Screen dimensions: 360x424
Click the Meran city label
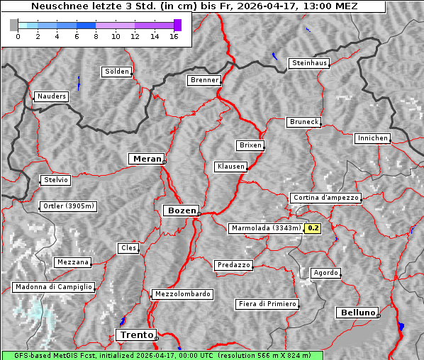pyautogui.click(x=147, y=159)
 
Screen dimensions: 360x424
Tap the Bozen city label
pyautogui.click(x=181, y=210)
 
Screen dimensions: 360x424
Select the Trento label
pyautogui.click(x=135, y=334)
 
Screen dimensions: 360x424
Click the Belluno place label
pyautogui.click(x=357, y=312)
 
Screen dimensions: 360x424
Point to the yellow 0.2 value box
pyautogui.click(x=313, y=228)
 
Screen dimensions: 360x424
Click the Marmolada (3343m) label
pyautogui.click(x=266, y=228)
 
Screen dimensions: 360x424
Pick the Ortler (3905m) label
pyautogui.click(x=69, y=206)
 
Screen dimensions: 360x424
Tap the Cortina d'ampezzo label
pyautogui.click(x=325, y=198)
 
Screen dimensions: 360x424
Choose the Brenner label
pyautogui.click(x=204, y=80)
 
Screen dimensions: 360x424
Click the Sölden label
pyautogui.click(x=117, y=72)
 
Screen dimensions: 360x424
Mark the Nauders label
pyautogui.click(x=51, y=96)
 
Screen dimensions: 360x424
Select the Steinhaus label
pyautogui.click(x=310, y=63)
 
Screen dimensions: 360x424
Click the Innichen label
pyautogui.click(x=372, y=138)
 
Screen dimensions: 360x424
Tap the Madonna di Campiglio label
pyautogui.click(x=53, y=287)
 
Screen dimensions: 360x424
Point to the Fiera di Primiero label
pyautogui.click(x=267, y=304)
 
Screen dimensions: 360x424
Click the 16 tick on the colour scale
pyautogui.click(x=173, y=36)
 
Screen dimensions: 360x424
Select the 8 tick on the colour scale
pyautogui.click(x=96, y=36)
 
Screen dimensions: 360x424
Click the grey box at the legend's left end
pyautogui.click(x=14, y=25)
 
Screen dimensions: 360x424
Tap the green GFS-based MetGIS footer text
pyautogui.click(x=162, y=355)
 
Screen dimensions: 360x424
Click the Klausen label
pyautogui.click(x=230, y=167)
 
